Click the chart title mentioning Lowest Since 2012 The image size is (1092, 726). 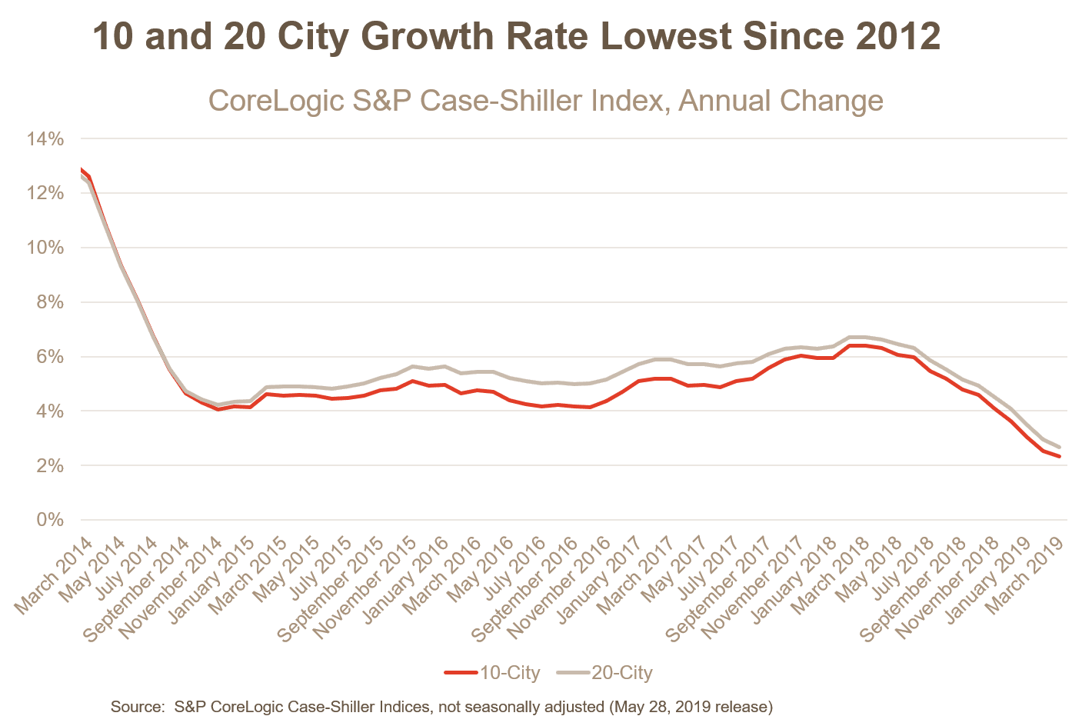[516, 37]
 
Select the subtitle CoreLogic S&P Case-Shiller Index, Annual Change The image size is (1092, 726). [545, 101]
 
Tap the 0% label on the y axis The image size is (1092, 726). [48, 521]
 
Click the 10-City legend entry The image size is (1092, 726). [493, 673]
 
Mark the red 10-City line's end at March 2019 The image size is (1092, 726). [1060, 457]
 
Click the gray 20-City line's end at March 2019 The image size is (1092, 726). [1060, 447]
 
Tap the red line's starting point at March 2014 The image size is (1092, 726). [82, 170]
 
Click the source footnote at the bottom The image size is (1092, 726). [441, 706]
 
